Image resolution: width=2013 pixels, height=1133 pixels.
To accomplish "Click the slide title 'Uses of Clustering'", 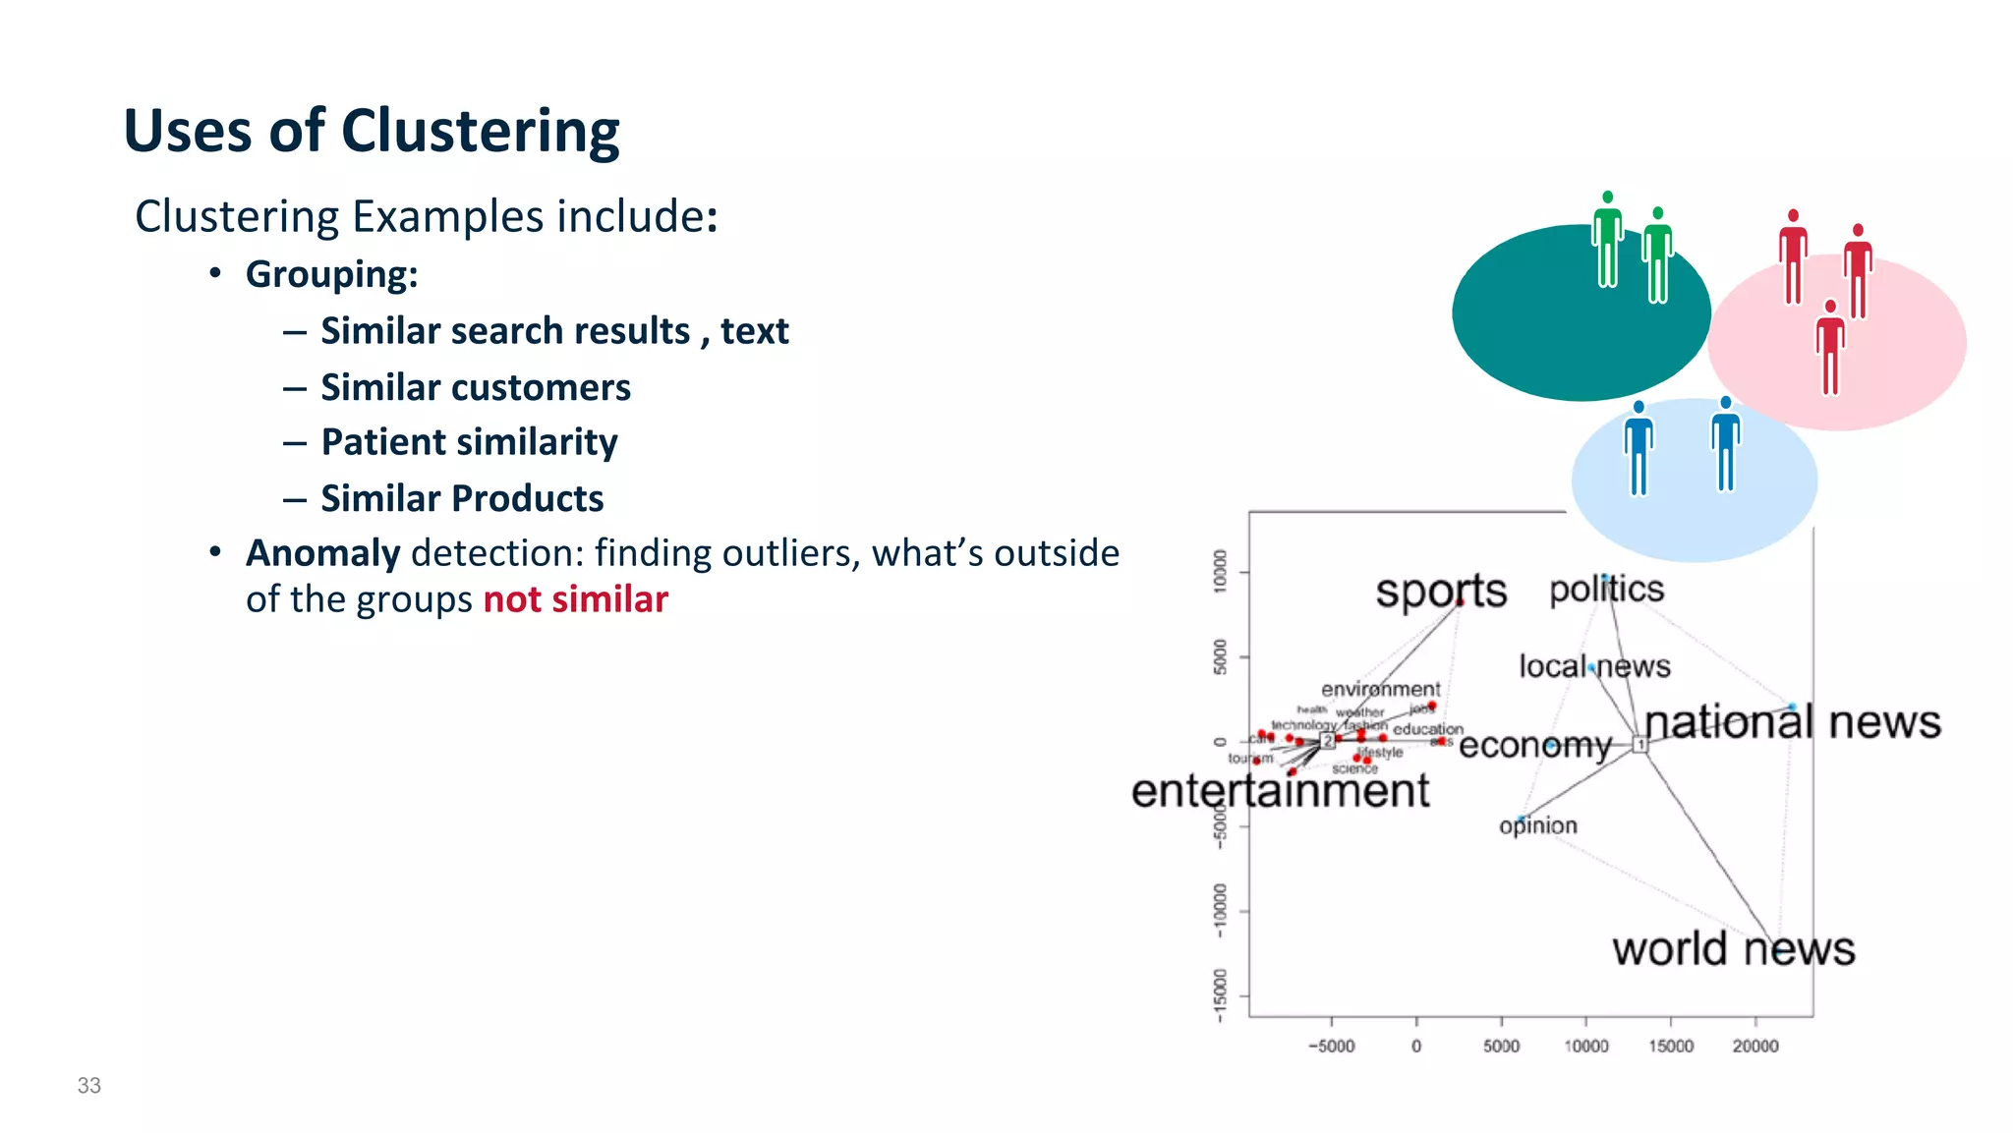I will (x=372, y=131).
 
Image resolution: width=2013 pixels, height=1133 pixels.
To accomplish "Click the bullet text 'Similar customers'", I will (x=476, y=387).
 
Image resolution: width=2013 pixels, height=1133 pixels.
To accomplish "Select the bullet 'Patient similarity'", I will (x=469, y=442).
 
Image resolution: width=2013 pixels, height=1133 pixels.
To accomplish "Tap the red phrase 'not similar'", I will (x=575, y=599).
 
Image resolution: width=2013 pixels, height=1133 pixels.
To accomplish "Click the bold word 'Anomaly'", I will (x=322, y=553).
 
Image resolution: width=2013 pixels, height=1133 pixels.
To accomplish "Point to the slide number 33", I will (x=89, y=1085).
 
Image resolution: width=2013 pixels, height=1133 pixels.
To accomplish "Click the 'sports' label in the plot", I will (x=1440, y=591).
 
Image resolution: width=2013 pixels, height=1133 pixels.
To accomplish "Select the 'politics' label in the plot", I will (x=1606, y=589).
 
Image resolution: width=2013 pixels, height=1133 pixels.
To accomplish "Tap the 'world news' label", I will (x=1733, y=948).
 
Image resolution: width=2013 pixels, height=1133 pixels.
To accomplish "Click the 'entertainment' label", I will (x=1280, y=790).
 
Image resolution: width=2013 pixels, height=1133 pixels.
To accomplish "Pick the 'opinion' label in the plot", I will (x=1537, y=825).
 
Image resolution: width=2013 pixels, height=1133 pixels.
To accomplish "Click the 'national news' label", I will (x=1792, y=722).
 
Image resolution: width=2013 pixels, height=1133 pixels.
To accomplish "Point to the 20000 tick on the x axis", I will (x=1754, y=1047).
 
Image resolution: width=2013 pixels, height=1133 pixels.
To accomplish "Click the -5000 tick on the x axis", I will (x=1331, y=1047).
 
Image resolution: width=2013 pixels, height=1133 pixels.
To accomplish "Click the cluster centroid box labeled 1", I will (x=1639, y=745).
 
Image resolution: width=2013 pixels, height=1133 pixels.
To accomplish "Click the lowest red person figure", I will (x=1829, y=348).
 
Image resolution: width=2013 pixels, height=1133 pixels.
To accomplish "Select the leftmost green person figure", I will (x=1607, y=240).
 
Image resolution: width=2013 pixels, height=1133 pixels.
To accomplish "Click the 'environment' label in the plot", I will (x=1380, y=689).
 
